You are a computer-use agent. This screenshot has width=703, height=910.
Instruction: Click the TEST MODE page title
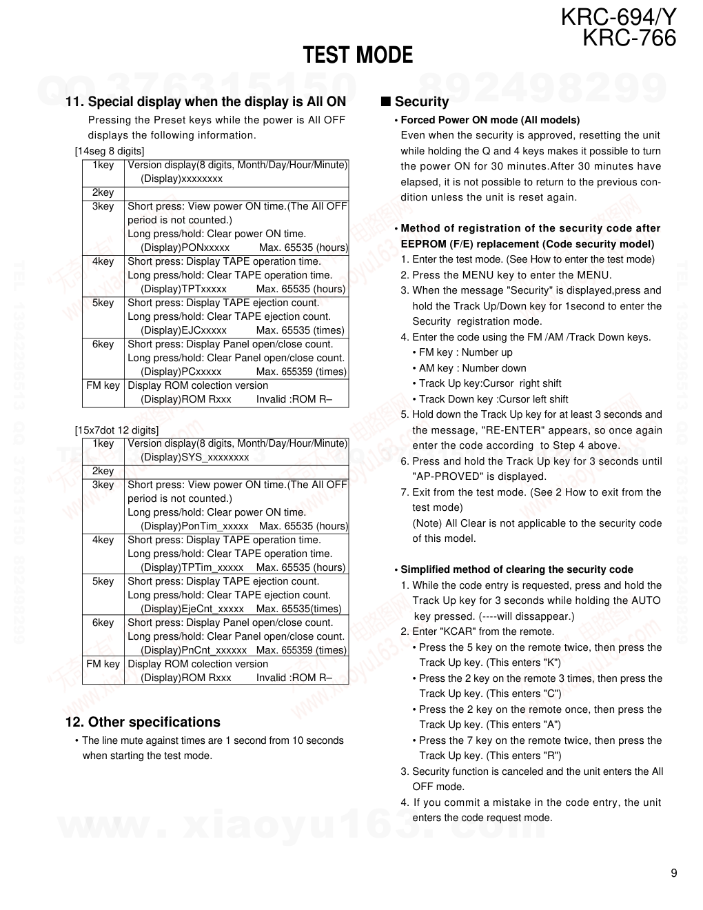point(358,55)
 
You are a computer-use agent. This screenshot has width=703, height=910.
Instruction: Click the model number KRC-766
point(629,37)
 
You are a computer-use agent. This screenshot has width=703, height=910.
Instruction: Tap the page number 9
point(673,873)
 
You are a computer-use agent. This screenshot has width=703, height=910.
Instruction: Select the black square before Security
point(386,101)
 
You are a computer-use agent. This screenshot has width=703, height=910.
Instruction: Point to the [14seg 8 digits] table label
point(110,151)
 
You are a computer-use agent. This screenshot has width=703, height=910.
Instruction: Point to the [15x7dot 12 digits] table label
point(116,430)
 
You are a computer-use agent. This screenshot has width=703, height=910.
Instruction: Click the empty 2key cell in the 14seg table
point(236,193)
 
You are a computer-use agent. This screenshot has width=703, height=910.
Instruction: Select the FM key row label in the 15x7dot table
point(103,664)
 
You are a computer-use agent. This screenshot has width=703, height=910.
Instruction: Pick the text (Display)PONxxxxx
point(185,247)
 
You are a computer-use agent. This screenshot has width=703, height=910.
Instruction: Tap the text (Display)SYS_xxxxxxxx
point(194,457)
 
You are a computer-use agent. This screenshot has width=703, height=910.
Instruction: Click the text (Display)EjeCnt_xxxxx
point(192,609)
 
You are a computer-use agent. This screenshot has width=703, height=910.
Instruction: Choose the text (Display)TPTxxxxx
point(183,289)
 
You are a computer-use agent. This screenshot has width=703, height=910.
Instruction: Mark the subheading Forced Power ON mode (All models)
point(490,120)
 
